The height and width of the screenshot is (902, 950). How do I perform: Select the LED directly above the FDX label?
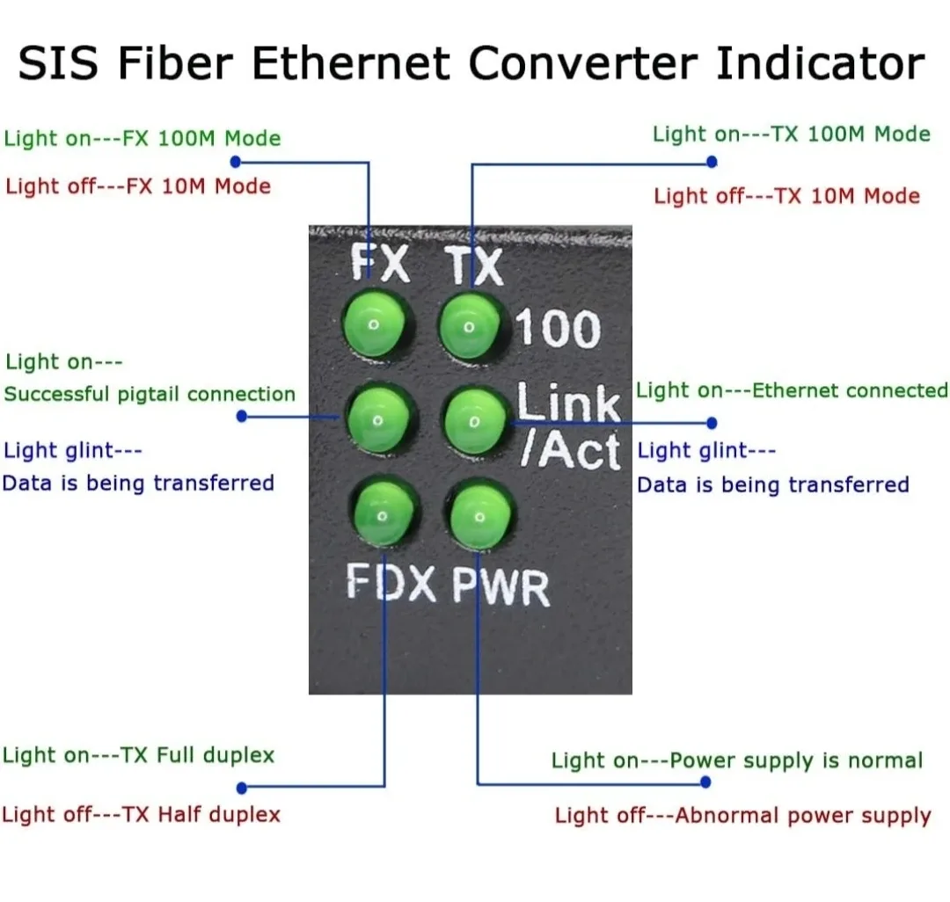pos(384,514)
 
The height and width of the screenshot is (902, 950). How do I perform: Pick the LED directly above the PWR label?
pos(480,517)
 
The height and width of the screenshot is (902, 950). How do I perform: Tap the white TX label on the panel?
pos(473,265)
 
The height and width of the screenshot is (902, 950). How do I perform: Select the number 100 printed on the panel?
pos(557,330)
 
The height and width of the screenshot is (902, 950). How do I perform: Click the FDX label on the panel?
pos(391,583)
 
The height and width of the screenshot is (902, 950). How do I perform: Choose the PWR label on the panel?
pos(501,587)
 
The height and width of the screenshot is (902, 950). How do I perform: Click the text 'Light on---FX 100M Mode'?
pos(142,139)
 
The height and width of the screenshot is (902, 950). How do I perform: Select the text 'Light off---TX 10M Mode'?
pos(786,196)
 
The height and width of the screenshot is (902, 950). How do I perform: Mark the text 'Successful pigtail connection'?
pos(150,394)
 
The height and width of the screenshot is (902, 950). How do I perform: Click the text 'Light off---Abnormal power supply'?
pos(742,816)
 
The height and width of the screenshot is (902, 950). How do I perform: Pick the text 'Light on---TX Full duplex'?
pos(139,755)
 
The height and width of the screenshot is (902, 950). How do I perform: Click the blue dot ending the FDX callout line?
pos(242,788)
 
